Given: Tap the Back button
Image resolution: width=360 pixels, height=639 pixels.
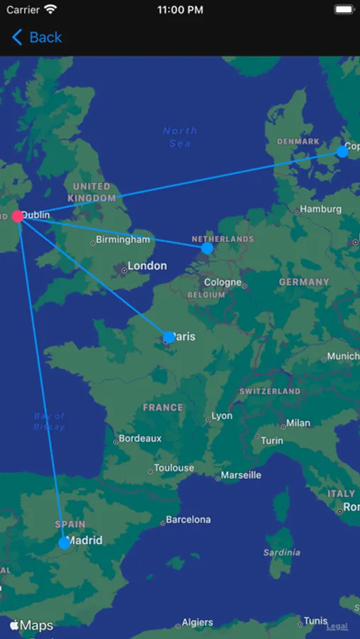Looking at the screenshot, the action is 37,38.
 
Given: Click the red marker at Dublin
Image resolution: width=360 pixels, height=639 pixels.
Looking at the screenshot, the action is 18,217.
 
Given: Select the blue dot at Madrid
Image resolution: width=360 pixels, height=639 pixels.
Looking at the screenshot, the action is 65,543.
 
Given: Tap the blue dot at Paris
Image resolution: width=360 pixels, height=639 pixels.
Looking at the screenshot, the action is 169,337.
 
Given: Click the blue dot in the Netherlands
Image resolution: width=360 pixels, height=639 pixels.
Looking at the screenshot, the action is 207,248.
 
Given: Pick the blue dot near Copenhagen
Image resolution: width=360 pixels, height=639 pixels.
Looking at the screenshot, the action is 342,151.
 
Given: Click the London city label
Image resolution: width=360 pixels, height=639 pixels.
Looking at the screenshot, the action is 147,266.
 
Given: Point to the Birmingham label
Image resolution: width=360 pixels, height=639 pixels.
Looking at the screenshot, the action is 124,240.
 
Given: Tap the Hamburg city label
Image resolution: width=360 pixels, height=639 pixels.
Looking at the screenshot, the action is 320,209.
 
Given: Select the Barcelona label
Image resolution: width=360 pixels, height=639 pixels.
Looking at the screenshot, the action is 189,520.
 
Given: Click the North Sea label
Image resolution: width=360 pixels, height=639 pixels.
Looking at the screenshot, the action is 180,137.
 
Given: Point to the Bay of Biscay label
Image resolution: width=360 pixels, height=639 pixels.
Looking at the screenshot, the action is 50,422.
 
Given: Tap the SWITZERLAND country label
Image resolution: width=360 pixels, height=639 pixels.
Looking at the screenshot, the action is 270,391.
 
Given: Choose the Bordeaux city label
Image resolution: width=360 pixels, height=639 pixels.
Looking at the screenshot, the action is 140,439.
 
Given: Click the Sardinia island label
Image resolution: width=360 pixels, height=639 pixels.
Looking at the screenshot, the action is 282,552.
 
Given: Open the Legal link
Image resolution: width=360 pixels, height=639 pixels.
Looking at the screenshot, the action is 337,626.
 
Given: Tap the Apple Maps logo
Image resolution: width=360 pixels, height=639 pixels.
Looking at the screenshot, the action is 32,626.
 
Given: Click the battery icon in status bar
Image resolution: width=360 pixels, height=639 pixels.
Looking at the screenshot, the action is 344,10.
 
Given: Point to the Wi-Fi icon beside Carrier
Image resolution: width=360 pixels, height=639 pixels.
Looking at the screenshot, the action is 50,10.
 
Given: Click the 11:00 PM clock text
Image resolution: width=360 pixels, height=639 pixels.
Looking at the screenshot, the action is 180,10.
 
